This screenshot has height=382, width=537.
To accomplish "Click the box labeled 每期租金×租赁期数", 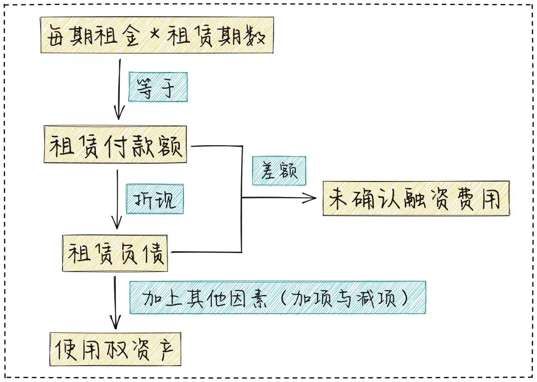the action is click(x=157, y=35).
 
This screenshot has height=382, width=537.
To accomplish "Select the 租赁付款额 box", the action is click(x=115, y=144).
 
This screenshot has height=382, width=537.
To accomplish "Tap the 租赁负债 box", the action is click(x=115, y=253).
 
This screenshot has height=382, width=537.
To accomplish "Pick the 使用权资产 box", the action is click(x=115, y=349).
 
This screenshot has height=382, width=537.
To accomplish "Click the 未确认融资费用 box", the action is click(x=416, y=198).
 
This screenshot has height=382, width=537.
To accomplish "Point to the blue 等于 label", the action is click(x=158, y=87).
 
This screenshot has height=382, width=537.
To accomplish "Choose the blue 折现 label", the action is click(x=155, y=199).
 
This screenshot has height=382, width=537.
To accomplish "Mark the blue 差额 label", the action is click(x=279, y=171).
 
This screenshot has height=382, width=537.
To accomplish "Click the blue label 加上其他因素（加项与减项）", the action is click(x=278, y=297).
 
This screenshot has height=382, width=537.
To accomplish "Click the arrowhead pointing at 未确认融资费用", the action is click(x=311, y=197).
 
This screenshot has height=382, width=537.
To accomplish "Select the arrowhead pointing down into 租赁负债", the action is click(x=117, y=223).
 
